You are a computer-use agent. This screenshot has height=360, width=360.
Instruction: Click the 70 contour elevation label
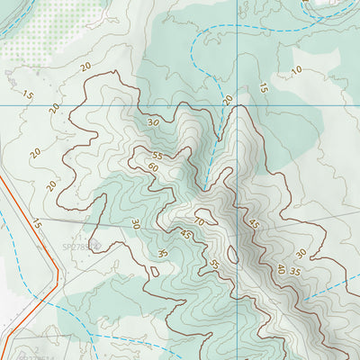(x=199, y=221)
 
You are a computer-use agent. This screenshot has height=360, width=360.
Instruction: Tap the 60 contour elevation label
(x=153, y=167)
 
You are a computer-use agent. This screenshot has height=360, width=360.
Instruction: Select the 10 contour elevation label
(x=296, y=70)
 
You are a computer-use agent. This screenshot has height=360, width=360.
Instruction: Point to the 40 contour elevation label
(x=280, y=269)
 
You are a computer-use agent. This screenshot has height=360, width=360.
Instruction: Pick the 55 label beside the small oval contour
(x=214, y=264)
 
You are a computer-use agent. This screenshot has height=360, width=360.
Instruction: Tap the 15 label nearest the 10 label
(x=263, y=88)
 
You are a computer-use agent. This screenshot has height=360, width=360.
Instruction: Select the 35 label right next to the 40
(x=294, y=272)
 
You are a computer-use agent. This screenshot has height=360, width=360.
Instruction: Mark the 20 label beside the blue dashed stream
(x=228, y=99)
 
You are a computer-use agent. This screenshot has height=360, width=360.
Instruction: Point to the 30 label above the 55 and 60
(x=152, y=122)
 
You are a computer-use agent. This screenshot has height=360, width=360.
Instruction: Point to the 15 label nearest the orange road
(x=37, y=222)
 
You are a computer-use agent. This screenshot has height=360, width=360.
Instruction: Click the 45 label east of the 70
(x=254, y=224)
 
